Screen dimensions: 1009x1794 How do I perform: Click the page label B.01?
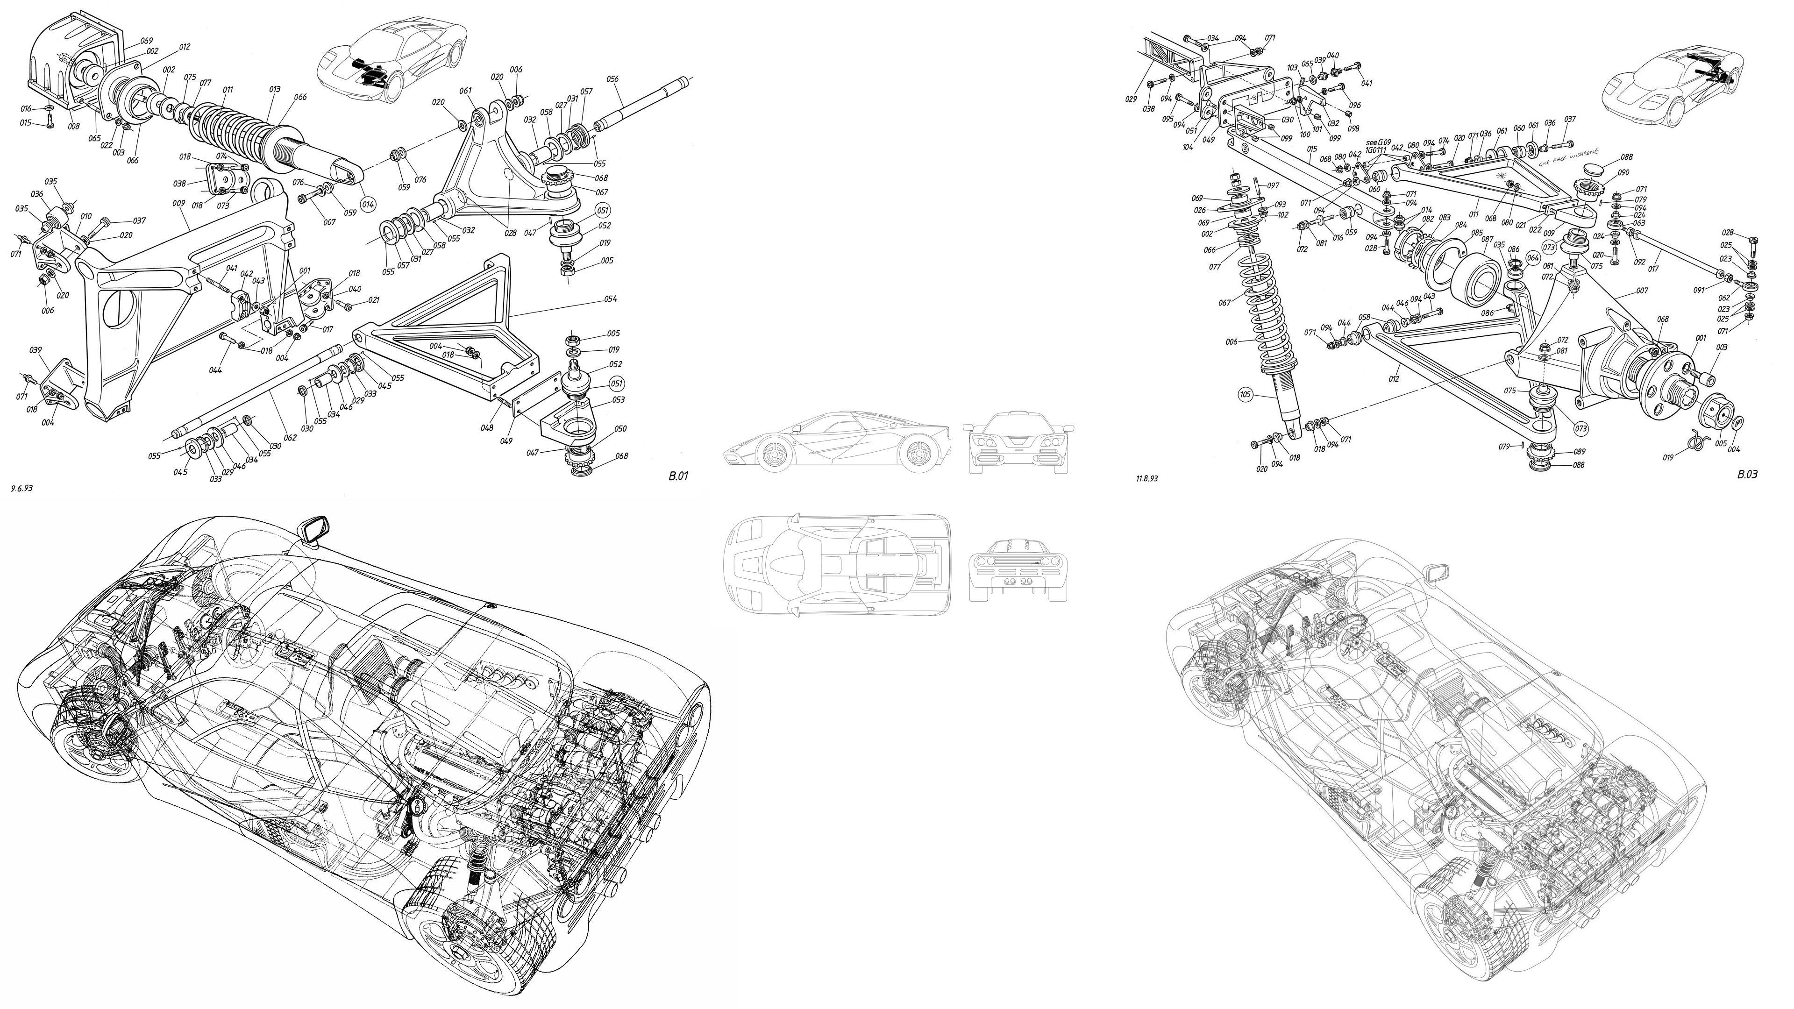[677, 477]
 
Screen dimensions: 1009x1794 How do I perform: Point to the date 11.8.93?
[1146, 479]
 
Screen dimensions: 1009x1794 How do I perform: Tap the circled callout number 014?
[368, 205]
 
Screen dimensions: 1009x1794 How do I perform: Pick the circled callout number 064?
[1533, 257]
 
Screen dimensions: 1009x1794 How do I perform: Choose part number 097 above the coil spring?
[1273, 186]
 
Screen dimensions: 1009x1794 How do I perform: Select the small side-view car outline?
[836, 444]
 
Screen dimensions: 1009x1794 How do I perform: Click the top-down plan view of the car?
[836, 565]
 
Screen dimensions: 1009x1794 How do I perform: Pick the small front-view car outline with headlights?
[1018, 444]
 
